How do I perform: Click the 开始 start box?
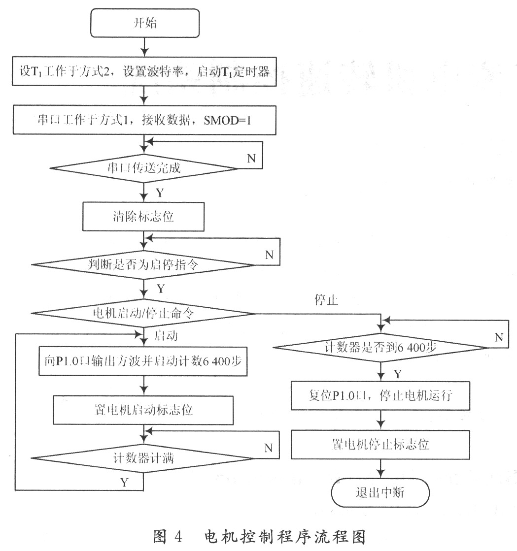point(145,23)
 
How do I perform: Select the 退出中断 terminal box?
point(380,492)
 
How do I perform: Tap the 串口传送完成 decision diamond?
point(144,168)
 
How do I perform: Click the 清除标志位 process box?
point(143,217)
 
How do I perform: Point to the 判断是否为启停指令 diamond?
point(143,264)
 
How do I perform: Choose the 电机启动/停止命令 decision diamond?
point(143,313)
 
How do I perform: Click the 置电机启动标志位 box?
point(143,410)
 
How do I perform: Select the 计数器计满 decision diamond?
point(143,458)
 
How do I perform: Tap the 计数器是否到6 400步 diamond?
point(380,348)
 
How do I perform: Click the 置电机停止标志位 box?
point(380,445)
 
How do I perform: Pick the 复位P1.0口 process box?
point(380,396)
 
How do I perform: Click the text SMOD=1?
point(227,121)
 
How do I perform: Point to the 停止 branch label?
point(326,300)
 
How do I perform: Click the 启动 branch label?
point(166,336)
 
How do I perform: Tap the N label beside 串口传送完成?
point(251,159)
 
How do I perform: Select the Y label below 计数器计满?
point(124,482)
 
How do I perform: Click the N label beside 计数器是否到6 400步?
point(499,337)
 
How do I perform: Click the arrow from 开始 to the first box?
point(144,47)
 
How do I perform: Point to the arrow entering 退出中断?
point(380,468)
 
